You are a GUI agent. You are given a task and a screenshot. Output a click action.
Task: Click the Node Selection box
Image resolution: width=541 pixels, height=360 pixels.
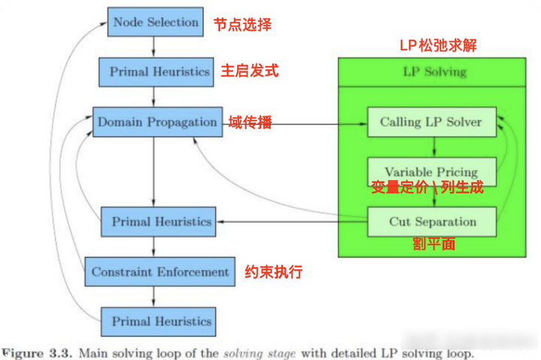tap(155, 22)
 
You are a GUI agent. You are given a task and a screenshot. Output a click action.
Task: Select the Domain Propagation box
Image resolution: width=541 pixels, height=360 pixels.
tap(156, 122)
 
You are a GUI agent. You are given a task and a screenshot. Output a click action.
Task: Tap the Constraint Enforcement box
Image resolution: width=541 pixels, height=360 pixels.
tap(160, 271)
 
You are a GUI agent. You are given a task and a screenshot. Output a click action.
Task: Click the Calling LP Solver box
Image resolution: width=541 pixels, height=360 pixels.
tap(431, 122)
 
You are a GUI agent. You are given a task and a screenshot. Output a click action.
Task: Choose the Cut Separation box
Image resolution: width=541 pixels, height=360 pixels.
tap(432, 222)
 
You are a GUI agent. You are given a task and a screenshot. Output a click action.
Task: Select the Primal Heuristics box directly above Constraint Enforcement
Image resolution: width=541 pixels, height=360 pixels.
tap(161, 222)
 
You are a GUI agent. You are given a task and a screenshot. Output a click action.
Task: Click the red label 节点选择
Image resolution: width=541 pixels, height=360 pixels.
tap(242, 24)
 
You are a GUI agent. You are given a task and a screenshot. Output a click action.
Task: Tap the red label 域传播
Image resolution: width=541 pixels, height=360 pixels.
tap(250, 123)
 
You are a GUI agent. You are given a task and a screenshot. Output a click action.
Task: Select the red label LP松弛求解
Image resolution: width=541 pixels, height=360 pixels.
tap(437, 46)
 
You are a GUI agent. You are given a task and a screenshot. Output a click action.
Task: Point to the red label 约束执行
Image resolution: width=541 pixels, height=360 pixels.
tap(274, 272)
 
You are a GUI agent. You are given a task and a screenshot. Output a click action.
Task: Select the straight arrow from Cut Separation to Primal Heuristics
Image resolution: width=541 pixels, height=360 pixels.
tap(293, 222)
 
